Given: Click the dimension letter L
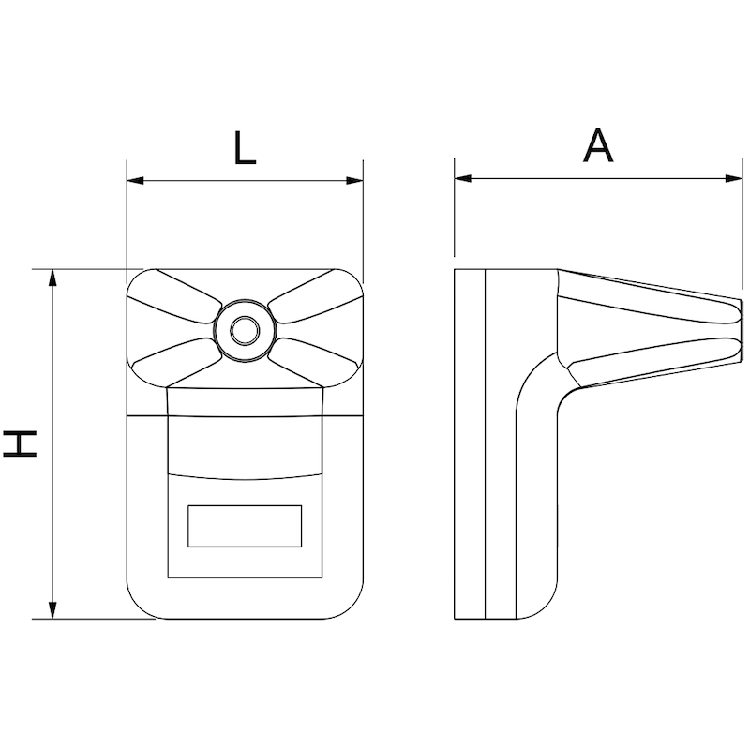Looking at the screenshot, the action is pos(245,148).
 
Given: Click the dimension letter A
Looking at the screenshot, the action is pos(598,146).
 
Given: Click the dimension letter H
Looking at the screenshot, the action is pos(20,443).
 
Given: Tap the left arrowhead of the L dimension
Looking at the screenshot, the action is pos(135,181).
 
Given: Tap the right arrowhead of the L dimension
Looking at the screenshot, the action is pos(354,181).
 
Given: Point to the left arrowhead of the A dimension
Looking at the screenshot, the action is pos(463,178).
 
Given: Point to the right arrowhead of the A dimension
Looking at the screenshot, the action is pos(734,178).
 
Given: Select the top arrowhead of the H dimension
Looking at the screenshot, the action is pos(52,277).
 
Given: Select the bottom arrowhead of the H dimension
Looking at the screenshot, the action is pos(52,610).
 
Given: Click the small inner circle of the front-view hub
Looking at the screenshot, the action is pos(245,331).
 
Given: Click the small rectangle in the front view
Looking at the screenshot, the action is pos(245,526).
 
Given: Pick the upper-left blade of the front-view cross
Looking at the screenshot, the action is pos(175,296).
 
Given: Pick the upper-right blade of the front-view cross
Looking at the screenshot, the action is pos(315,296).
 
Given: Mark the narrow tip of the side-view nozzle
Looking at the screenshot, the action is pos(741,331).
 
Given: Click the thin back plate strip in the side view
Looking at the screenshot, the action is pos(470,443).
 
